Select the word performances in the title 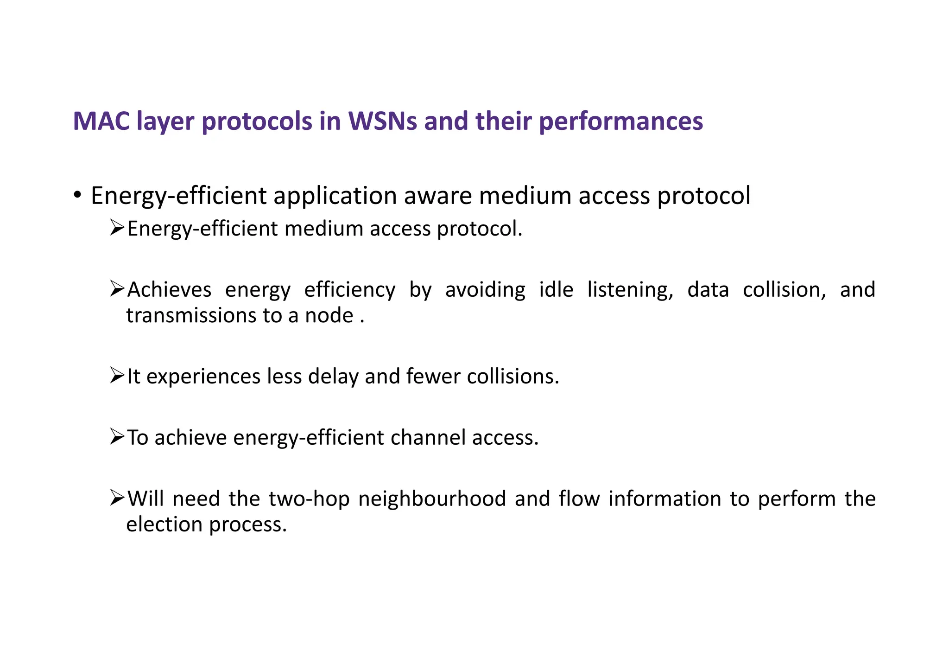click(621, 121)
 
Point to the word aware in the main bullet click(438, 196)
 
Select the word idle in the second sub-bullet click(556, 289)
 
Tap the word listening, click(630, 290)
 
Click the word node click(329, 316)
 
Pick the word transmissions click(191, 316)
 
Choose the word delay click(333, 376)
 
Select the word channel click(428, 438)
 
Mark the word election click(164, 524)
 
